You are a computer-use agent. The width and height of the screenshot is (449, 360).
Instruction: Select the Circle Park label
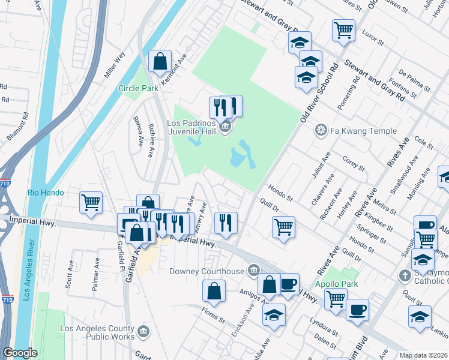137,88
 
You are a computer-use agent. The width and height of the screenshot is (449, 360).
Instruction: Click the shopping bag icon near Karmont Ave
160,61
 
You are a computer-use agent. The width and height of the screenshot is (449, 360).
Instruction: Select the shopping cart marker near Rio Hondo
91,202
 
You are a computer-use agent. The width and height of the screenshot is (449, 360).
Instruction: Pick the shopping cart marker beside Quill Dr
283,227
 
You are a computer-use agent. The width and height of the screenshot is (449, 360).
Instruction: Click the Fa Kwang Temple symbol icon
321,131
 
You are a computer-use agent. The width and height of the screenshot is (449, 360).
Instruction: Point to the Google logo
20,353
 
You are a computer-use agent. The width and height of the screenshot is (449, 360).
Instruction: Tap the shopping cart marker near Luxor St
343,29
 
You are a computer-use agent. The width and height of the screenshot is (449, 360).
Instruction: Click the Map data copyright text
423,355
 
